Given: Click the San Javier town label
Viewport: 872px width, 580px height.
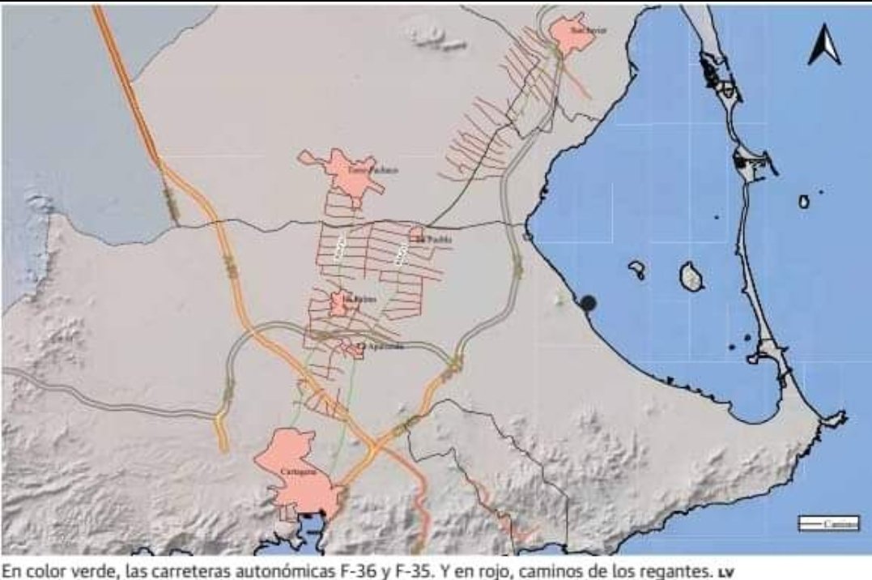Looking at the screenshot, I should tap(588, 30).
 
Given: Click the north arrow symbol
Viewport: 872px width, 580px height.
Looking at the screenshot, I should tap(824, 45).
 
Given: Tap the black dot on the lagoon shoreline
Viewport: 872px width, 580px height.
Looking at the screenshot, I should tap(589, 303).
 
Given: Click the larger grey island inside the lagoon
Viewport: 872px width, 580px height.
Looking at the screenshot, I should tap(691, 276).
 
